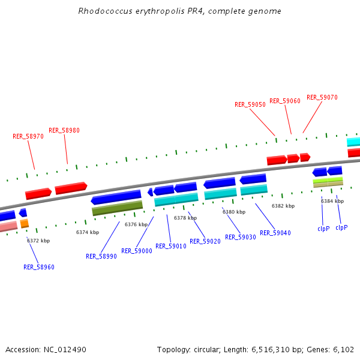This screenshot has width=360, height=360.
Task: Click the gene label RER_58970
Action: tap(28, 136)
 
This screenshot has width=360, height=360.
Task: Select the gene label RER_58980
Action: tap(64, 130)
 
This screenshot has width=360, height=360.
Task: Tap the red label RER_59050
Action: tap(250, 104)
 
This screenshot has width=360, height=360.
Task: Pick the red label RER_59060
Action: tap(285, 101)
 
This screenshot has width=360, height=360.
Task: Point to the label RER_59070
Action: tap(322, 97)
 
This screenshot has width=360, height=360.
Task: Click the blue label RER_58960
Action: tap(39, 267)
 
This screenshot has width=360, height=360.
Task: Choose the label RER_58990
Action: tap(101, 256)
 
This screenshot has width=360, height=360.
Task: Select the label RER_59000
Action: tap(137, 251)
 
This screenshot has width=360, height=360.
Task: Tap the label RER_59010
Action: tap(171, 246)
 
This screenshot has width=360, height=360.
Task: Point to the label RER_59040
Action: tap(275, 233)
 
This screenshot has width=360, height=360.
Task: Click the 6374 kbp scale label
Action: tap(88, 232)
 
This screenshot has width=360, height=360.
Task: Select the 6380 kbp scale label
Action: tap(234, 212)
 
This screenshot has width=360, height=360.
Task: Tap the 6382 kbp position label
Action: tap(283, 206)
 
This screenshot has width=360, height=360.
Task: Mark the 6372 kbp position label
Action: tap(38, 241)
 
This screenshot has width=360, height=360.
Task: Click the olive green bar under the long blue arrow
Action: tap(117, 208)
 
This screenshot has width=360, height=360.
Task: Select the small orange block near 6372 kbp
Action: tap(25, 223)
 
